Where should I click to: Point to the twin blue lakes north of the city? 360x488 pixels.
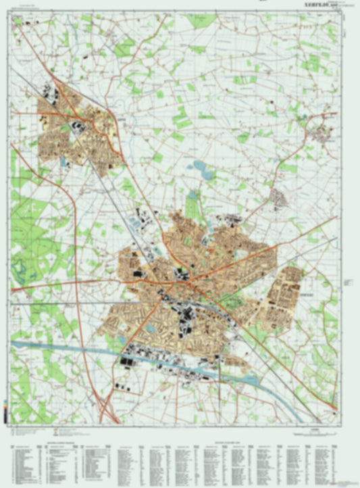point(203,167)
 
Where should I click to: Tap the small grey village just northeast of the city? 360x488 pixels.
point(279,197)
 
